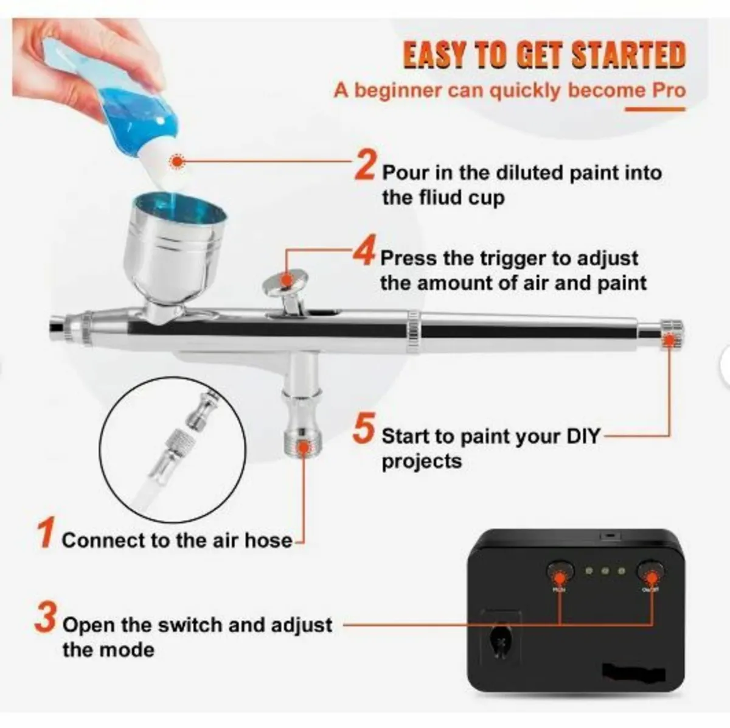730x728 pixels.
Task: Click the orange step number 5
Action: (x=363, y=429)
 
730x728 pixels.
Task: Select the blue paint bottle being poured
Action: (x=122, y=97)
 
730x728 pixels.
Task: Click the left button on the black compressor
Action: (x=559, y=572)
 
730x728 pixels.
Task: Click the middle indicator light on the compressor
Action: (x=605, y=571)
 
